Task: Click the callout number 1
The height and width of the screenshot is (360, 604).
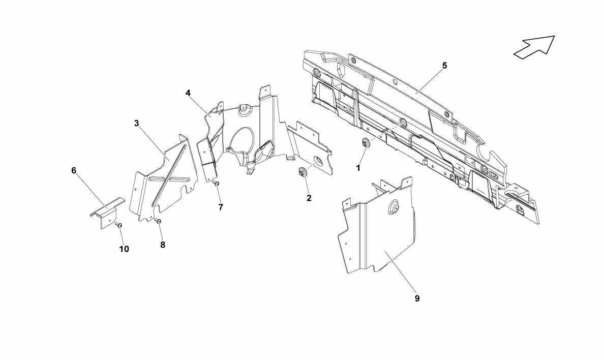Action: point(358,168)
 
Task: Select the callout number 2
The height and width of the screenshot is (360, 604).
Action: point(309,198)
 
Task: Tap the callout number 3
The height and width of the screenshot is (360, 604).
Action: point(136,123)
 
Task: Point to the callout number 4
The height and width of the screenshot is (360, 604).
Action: point(188,93)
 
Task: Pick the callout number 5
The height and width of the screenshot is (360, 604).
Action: point(444,66)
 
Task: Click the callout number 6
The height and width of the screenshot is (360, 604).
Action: point(74,170)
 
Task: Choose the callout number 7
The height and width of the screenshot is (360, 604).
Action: point(221,207)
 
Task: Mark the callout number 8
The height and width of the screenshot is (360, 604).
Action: point(163,245)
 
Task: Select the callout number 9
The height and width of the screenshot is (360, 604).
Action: point(417,298)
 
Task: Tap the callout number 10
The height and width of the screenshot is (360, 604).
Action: point(124,249)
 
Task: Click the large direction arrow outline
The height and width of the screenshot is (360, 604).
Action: point(534,47)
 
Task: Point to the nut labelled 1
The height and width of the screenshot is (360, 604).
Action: point(365,143)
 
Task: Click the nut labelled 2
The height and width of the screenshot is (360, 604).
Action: point(301,172)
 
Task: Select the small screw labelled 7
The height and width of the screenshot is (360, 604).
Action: point(216,183)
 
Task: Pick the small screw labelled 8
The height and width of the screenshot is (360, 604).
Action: point(158,221)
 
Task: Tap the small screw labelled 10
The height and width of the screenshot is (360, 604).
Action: point(118,224)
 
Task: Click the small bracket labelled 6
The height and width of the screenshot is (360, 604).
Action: point(107,213)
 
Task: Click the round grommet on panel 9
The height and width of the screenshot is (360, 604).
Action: point(393,207)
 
